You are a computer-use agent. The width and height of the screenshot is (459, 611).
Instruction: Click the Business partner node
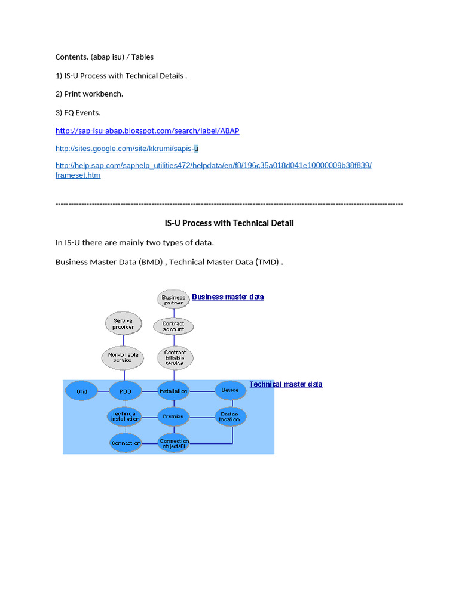point(173,300)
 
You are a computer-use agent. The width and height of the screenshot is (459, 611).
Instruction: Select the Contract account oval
point(173,326)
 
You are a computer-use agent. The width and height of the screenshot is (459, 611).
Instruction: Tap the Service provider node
point(123,323)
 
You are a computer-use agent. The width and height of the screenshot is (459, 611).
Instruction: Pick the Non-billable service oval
point(123,357)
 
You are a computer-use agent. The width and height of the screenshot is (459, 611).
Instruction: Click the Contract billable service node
point(175,357)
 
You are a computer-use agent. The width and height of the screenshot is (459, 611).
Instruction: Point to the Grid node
point(82,391)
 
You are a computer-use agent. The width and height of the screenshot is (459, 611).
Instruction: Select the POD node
point(125,391)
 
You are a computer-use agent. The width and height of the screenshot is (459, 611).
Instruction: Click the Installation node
point(173,391)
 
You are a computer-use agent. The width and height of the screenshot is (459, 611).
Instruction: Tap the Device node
point(230,390)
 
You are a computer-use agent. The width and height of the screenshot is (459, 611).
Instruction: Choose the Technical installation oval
point(125,416)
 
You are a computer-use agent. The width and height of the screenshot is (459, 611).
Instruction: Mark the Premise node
point(173,416)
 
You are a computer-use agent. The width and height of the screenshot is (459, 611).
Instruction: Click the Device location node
point(230,416)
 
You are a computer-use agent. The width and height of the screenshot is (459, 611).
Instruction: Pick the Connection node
point(126,443)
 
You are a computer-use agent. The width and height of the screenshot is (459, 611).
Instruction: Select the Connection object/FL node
point(174,443)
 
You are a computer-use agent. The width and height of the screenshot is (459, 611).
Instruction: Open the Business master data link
point(228,297)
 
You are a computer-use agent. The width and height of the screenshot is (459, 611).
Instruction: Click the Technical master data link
point(286,384)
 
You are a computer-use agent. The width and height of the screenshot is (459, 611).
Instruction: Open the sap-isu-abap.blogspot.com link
point(147,131)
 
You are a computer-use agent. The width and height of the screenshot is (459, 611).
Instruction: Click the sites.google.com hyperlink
point(127,148)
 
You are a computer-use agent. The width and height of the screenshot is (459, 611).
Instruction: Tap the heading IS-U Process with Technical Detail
point(229,223)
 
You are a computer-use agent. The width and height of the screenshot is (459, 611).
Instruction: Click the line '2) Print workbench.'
point(89,94)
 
